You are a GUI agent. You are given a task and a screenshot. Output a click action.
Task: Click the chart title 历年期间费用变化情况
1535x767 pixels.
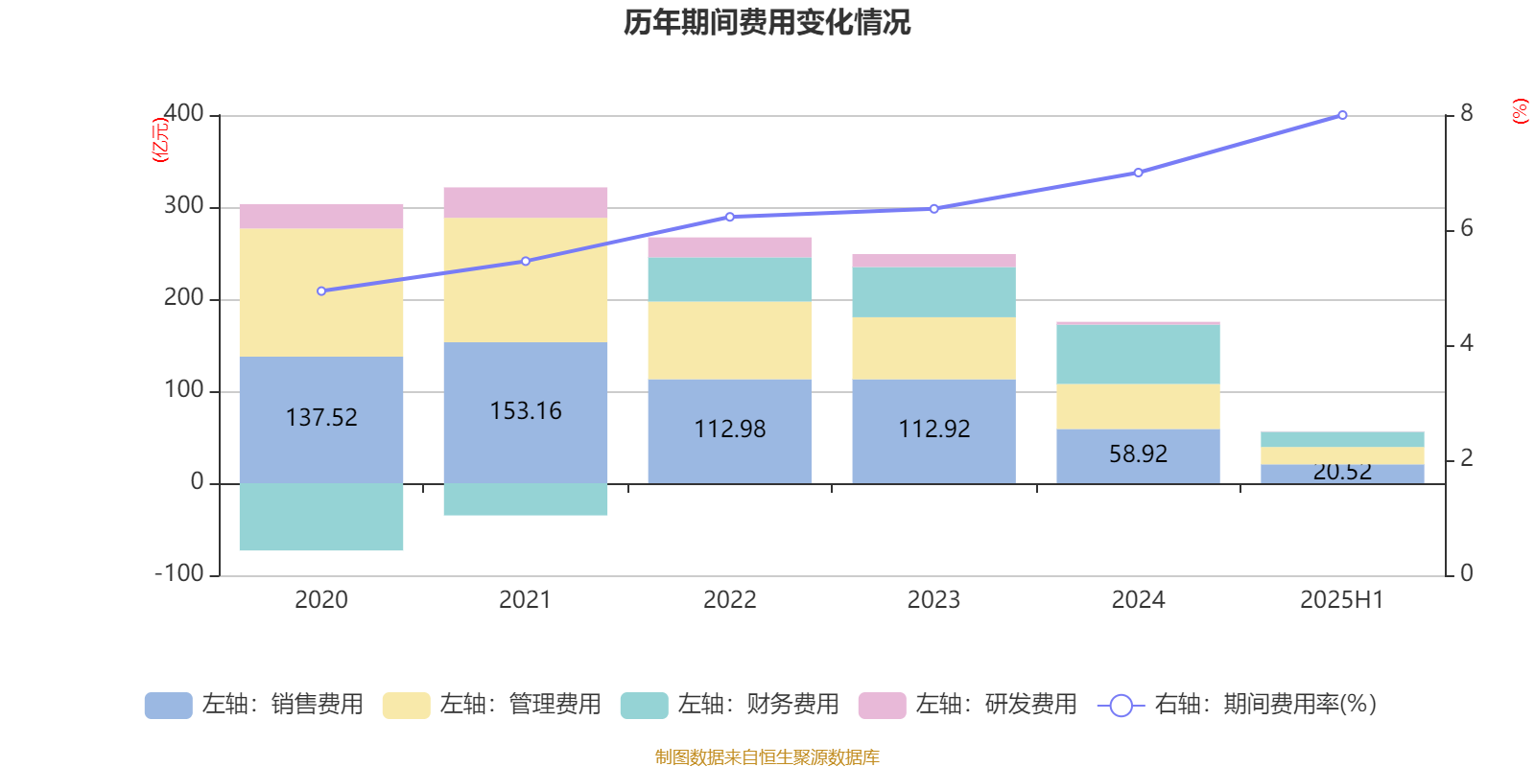(767, 22)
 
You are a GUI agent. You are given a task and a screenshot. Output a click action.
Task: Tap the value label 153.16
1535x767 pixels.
(526, 410)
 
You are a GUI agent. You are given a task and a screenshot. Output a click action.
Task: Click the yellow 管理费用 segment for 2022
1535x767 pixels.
(729, 340)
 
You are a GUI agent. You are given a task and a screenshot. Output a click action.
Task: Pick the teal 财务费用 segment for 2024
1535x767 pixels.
(1138, 355)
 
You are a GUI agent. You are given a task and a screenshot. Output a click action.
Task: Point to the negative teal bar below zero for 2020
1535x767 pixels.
(321, 517)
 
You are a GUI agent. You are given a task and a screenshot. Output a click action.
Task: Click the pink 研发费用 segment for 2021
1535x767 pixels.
(526, 202)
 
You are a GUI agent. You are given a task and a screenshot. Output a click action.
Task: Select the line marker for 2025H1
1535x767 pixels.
(1342, 115)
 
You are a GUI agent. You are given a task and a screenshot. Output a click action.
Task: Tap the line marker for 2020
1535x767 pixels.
(321, 291)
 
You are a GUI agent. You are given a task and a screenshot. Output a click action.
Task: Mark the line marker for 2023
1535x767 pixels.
(933, 208)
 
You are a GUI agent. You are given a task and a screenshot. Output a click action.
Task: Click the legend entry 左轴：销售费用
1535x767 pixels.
(254, 705)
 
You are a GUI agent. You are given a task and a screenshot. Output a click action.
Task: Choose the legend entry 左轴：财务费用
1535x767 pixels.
(730, 705)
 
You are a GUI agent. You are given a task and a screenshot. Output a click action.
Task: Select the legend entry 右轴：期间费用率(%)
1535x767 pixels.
(1237, 705)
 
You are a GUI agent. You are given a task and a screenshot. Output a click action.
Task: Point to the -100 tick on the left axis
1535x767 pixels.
(179, 573)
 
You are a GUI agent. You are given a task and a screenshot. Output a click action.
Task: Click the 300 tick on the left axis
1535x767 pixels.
(184, 205)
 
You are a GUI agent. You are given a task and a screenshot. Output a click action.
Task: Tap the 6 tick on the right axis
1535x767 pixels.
(1466, 228)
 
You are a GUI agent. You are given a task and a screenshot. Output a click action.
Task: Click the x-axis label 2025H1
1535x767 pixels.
(1341, 600)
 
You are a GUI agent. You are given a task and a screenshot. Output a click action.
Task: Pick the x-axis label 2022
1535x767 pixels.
(729, 600)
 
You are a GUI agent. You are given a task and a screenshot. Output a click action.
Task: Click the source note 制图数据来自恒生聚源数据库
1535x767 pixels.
(767, 757)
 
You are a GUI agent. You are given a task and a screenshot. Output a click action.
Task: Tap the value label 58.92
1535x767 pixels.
(1138, 453)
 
